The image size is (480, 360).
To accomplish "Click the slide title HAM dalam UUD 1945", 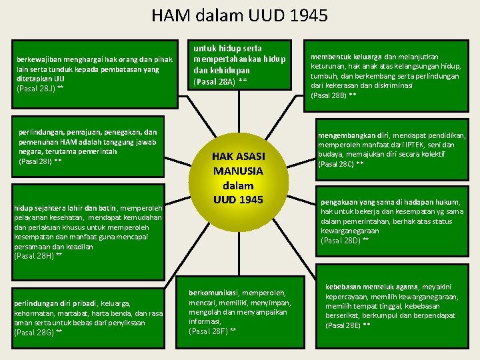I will [x=239, y=15].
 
